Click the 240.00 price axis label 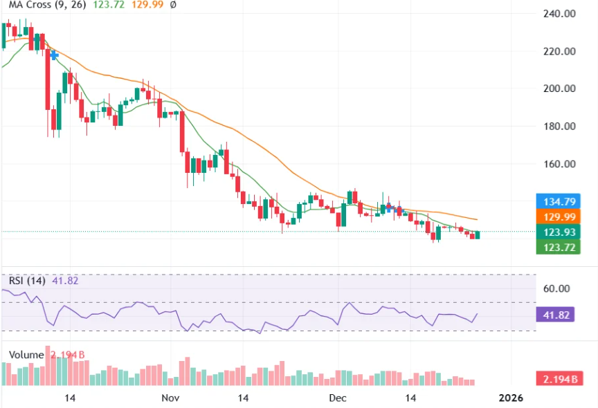coord(560,13)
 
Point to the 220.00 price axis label coord(560,51)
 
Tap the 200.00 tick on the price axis coord(560,89)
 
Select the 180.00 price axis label coord(560,127)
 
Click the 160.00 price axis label coord(560,165)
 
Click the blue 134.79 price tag coord(558,202)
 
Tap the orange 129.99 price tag coord(558,216)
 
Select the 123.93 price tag coord(558,232)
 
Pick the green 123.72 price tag coord(558,247)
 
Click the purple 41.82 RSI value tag coord(558,314)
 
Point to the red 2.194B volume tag coord(558,379)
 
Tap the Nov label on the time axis coord(170,398)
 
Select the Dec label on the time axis coord(337,398)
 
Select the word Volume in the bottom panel coord(26,355)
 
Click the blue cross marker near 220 coord(54,55)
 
